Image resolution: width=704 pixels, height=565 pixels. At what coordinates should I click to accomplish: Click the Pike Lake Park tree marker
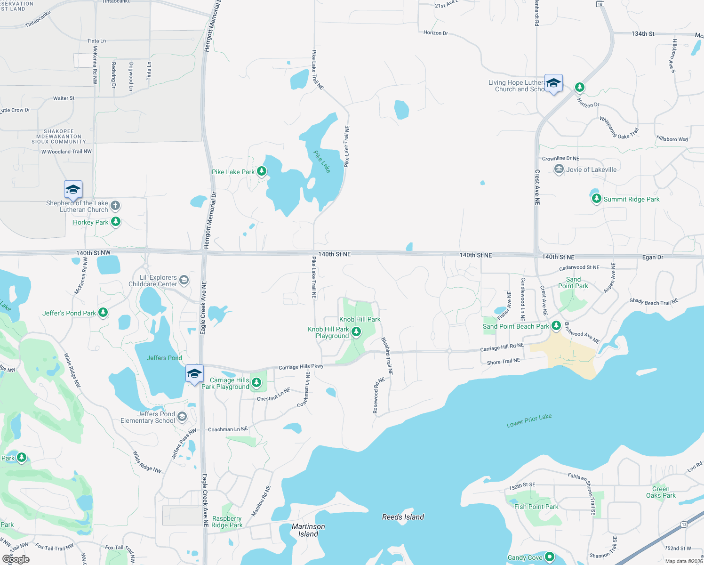[x=262, y=171]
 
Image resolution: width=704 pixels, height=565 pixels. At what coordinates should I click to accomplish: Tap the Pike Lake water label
[x=322, y=161]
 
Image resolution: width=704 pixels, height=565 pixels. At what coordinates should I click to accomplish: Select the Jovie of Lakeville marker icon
[x=559, y=169]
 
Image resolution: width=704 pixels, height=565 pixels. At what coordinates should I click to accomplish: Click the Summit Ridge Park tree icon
[x=596, y=199]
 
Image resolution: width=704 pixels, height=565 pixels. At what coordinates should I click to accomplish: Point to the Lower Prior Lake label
[x=529, y=420]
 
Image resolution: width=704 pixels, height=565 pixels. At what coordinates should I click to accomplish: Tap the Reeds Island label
[x=403, y=517]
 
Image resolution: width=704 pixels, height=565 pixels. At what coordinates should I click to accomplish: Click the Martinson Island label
[x=308, y=530]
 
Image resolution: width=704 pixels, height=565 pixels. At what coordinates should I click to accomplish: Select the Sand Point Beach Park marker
[x=556, y=326]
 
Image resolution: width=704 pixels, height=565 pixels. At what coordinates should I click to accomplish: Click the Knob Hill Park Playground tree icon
[x=356, y=332]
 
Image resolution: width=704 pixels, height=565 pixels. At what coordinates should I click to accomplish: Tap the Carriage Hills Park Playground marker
[x=256, y=382]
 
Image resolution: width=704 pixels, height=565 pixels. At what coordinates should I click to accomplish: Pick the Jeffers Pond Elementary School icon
[x=182, y=417]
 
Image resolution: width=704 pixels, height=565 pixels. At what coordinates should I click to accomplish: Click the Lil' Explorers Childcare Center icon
[x=184, y=281]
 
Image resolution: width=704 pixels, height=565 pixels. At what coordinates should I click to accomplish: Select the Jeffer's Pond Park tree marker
[x=103, y=313]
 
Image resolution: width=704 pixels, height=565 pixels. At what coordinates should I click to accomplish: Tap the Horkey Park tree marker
[x=116, y=222]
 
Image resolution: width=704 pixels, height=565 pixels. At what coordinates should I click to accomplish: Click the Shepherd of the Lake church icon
[x=115, y=206]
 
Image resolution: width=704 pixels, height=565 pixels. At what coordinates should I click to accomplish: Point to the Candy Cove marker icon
[x=549, y=557]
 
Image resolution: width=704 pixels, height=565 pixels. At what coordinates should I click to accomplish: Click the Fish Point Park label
[x=536, y=507]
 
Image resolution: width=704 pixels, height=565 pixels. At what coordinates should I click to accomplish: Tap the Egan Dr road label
[x=653, y=257]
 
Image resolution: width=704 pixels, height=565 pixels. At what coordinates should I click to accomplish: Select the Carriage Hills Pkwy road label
[x=301, y=366]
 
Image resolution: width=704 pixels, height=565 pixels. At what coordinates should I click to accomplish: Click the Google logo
[x=16, y=559]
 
